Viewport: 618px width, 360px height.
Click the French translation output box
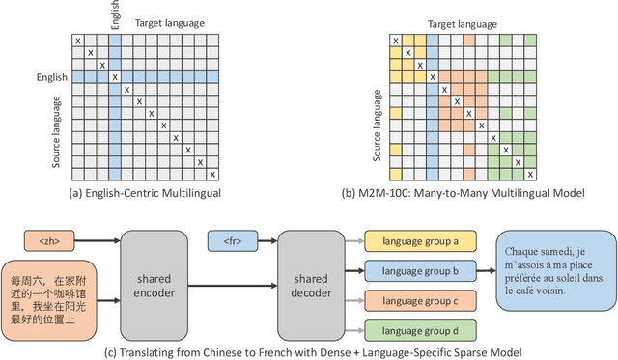point(551,267)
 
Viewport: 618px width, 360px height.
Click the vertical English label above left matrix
point(116,17)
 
